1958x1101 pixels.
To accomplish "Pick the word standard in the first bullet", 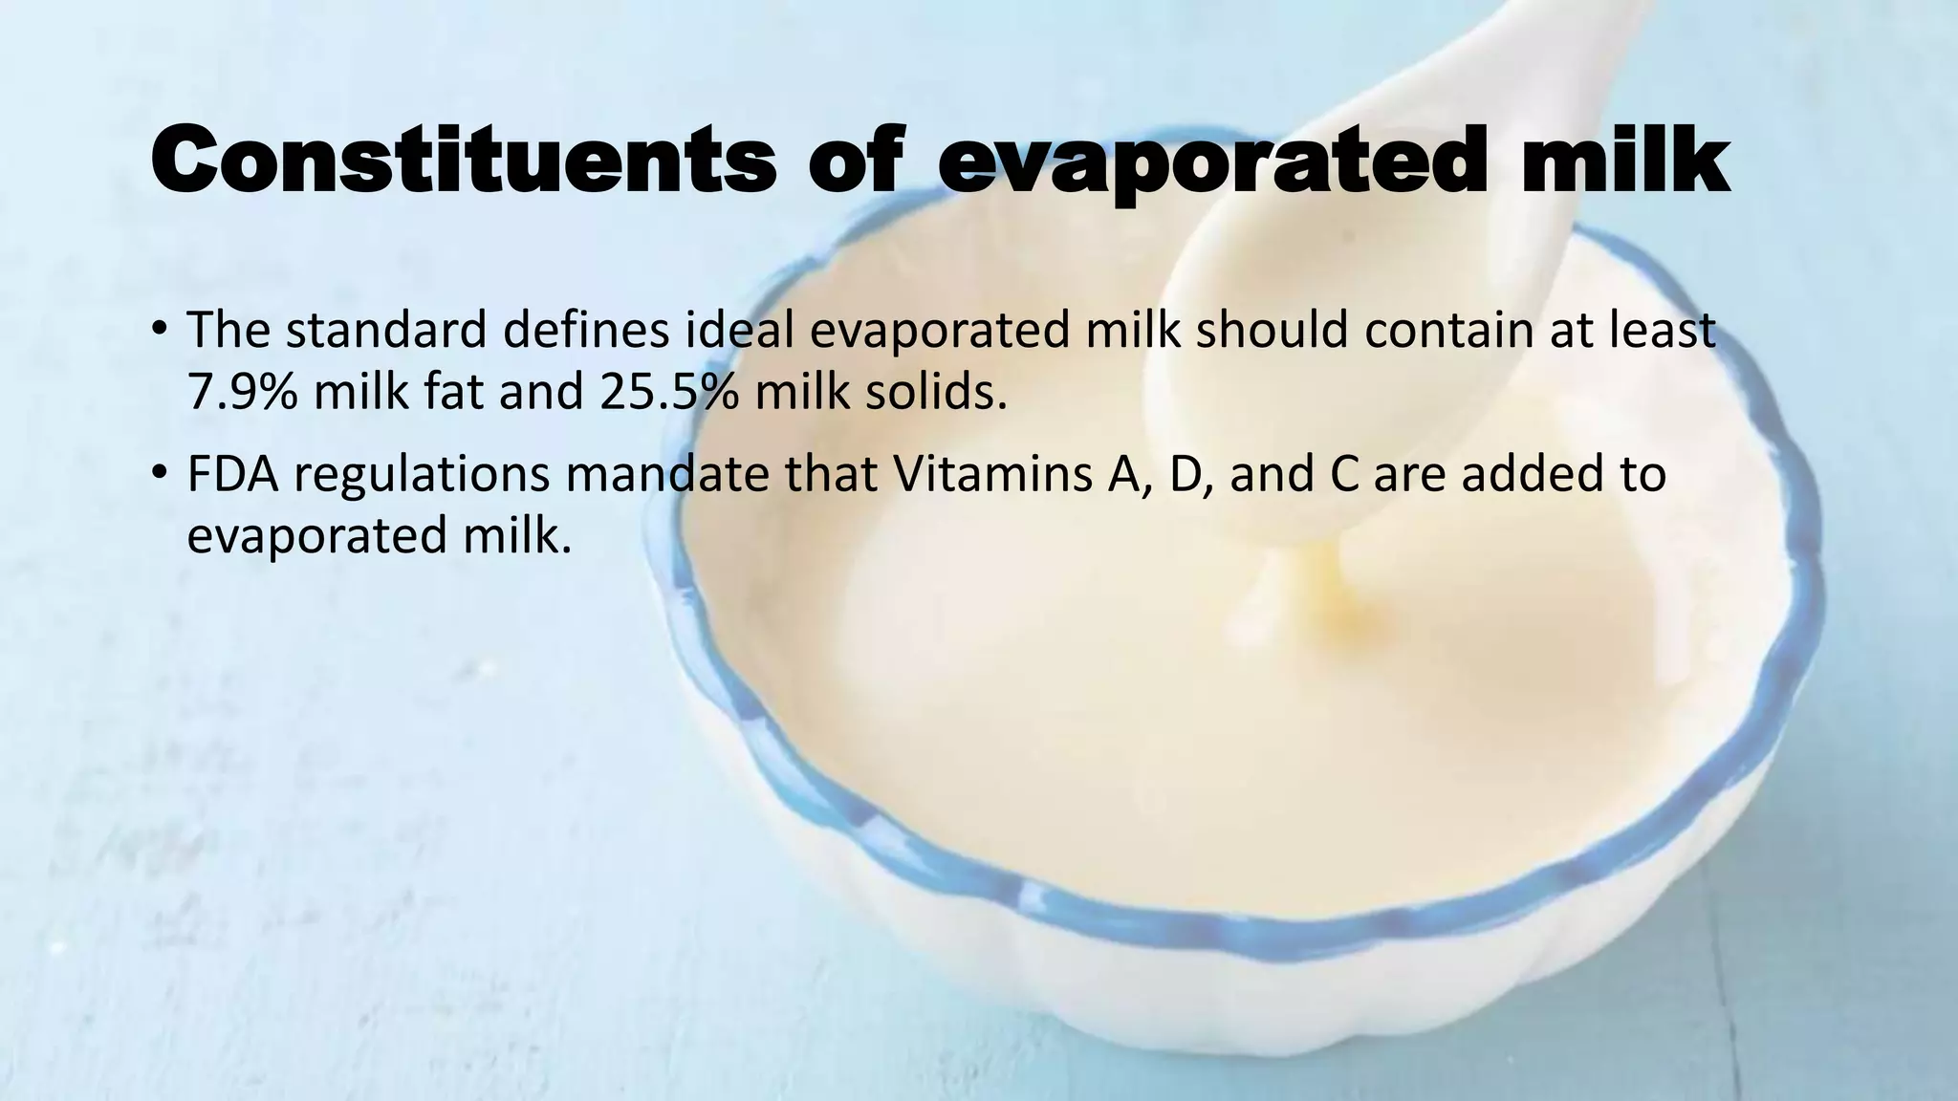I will tap(386, 330).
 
